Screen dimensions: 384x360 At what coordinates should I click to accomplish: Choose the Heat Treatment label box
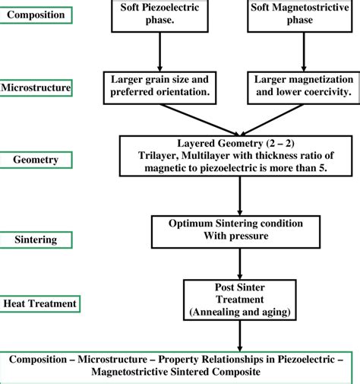(x=39, y=303)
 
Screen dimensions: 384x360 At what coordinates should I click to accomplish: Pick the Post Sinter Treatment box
(x=240, y=299)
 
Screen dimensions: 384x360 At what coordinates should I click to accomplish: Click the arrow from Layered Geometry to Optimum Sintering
(x=240, y=196)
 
